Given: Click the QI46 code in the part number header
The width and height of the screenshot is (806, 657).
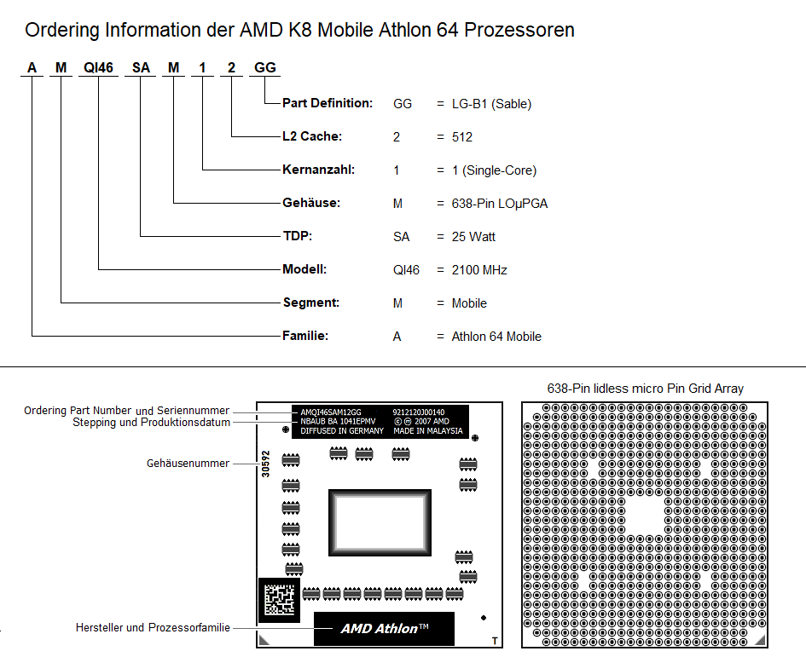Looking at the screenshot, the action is (x=98, y=68).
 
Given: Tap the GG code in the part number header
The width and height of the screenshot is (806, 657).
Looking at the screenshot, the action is (x=265, y=68).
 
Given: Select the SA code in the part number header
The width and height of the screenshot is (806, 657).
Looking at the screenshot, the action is (x=141, y=68).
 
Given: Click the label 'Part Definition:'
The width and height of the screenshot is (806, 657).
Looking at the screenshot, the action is (x=328, y=103).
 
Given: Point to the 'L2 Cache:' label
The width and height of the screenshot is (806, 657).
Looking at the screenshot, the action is (x=312, y=136).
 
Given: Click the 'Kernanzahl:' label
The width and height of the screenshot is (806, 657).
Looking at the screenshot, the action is (x=319, y=170).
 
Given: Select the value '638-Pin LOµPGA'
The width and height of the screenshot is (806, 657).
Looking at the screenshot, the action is (x=500, y=204).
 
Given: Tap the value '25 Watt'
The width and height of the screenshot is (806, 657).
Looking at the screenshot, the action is (x=473, y=237).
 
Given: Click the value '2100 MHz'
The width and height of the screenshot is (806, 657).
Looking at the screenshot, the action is (x=479, y=270).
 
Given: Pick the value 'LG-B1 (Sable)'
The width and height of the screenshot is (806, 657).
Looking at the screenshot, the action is (x=491, y=104).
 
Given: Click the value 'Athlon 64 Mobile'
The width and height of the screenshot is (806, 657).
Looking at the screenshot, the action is (x=496, y=337).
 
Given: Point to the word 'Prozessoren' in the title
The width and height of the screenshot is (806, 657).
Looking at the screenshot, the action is (x=519, y=30).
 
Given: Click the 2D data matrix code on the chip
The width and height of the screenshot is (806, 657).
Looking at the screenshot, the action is (x=279, y=599).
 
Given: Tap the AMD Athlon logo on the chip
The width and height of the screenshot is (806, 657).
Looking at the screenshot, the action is (x=384, y=628).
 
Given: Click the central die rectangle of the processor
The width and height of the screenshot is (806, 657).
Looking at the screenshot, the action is (x=380, y=522).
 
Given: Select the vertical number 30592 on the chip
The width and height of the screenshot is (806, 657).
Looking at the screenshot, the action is (x=266, y=464).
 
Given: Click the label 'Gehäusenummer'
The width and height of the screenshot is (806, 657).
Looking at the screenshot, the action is (x=188, y=464).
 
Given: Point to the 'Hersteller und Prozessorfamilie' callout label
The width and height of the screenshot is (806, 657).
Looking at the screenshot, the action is (x=153, y=627).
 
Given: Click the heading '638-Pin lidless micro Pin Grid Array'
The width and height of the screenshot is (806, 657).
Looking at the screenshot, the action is (x=645, y=389).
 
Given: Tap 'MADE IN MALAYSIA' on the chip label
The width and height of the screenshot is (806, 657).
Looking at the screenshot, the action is (x=428, y=431).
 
